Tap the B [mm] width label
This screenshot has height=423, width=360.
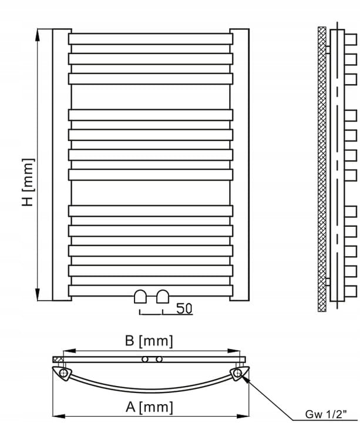(149, 340)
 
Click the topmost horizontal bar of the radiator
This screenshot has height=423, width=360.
(150, 39)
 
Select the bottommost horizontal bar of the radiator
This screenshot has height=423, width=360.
(150, 290)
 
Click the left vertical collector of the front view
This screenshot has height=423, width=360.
(62, 164)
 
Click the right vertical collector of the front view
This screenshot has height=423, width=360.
(239, 164)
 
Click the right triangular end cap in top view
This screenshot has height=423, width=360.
(238, 373)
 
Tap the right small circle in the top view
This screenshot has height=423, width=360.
(159, 359)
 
